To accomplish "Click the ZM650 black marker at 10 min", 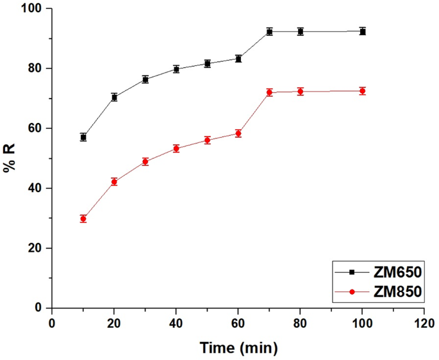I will coord(83,137).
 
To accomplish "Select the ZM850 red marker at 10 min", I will coord(83,218).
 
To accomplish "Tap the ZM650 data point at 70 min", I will coord(269,31).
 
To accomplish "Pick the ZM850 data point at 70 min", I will coord(269,92).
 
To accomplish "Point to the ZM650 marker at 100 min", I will coord(363,31).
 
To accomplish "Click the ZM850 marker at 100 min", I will coord(363,91).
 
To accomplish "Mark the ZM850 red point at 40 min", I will coord(176,148).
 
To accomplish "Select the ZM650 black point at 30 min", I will coord(145,79).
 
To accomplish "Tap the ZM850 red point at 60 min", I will coord(238,133).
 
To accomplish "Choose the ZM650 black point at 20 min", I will coord(114,97).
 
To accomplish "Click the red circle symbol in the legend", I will coord(352,291).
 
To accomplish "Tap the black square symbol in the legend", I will coord(352,273).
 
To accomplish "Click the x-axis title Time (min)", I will coord(238,348).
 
